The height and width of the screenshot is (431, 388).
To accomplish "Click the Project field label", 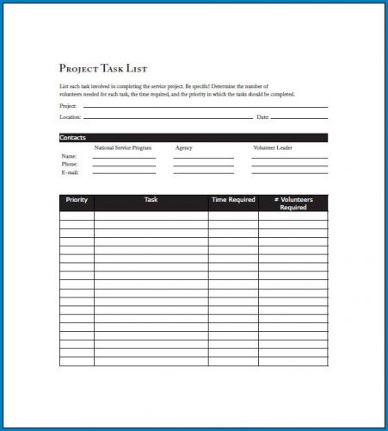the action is coord(68,106).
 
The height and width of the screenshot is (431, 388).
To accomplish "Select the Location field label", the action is coord(70,116).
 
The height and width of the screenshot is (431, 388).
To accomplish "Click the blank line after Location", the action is coord(168,118).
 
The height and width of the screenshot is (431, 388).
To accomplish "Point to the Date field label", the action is coord(263,116).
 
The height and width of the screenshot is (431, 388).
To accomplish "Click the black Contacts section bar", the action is coord(193,138).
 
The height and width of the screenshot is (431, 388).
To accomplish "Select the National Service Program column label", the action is coord(122,148).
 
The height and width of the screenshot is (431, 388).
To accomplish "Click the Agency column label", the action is coord(183,148).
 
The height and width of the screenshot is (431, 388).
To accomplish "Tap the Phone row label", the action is coord(69,164).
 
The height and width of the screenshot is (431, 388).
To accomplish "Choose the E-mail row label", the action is coord(69,172).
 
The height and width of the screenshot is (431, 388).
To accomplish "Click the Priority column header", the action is coord(77,200).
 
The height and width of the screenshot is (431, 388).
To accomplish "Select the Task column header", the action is coord(151,200).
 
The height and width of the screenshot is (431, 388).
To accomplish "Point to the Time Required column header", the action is coord(233,200).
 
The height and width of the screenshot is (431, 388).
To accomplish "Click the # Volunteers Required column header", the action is coord(293,203).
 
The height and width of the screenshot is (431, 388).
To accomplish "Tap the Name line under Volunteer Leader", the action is coord(290,158).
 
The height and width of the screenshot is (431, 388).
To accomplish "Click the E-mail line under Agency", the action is coord(203,174).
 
